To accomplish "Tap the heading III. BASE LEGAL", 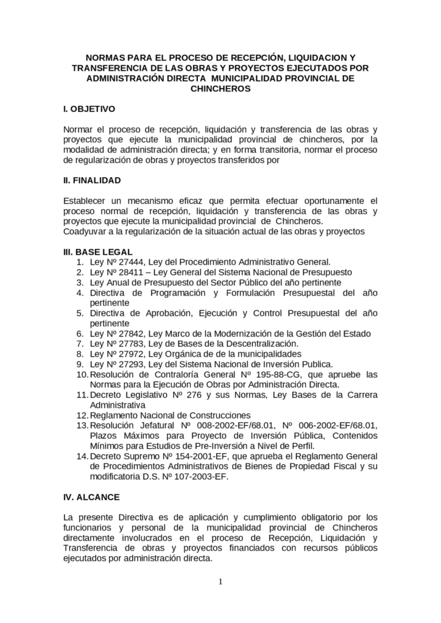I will tap(98, 251).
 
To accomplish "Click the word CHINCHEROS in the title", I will tap(220, 88).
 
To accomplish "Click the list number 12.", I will tap(82, 415).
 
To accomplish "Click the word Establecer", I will tap(85, 200).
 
